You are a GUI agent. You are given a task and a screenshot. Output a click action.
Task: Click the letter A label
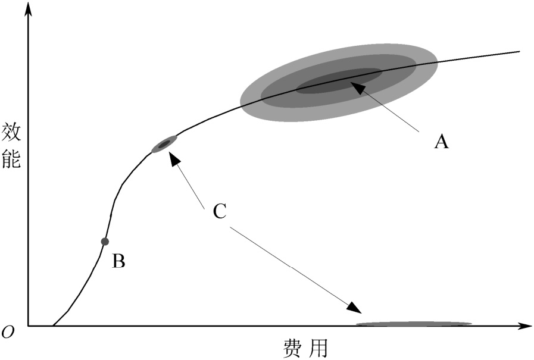[x=441, y=142]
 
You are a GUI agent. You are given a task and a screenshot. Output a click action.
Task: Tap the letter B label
[x=118, y=261]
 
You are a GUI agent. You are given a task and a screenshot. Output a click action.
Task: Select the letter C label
[x=219, y=211]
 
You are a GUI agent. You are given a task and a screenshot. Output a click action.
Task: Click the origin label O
[x=8, y=333]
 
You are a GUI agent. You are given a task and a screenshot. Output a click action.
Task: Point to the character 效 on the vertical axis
[x=11, y=132]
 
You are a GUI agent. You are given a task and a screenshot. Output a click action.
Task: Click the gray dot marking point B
[x=105, y=242]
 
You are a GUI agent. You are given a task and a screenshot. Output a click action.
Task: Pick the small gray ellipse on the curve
[x=164, y=143]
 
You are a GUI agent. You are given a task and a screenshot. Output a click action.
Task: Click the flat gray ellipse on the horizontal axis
[x=414, y=324]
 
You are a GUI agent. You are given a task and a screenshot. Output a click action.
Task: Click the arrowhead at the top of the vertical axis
[x=27, y=8]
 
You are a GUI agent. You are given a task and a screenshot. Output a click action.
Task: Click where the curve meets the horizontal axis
[x=53, y=326]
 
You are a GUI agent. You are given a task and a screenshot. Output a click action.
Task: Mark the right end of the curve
[x=520, y=52]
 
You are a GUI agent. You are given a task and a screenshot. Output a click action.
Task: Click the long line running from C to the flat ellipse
[x=292, y=267]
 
